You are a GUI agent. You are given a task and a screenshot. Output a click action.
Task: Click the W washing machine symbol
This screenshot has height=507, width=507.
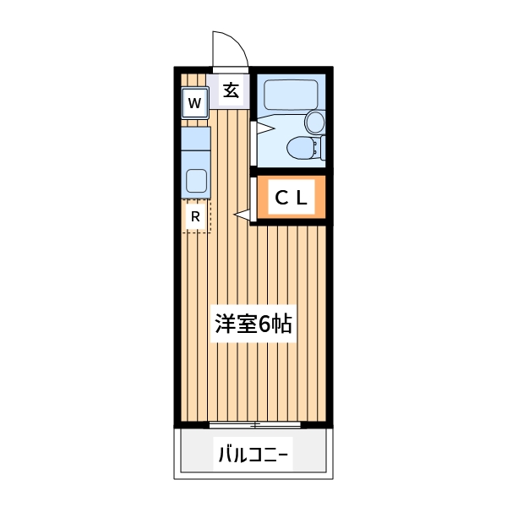click(194, 104)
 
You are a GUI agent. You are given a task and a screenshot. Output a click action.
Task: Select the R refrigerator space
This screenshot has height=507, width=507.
click(195, 216)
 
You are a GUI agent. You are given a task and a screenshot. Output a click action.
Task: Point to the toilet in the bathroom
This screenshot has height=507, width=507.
click(300, 149)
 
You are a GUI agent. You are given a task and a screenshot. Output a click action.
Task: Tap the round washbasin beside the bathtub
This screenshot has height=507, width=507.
click(314, 122)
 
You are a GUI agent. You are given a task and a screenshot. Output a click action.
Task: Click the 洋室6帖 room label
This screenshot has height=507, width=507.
click(253, 324)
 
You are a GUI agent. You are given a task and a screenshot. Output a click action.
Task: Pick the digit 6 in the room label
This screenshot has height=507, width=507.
click(264, 324)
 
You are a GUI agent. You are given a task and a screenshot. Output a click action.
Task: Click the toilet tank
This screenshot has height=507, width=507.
click(319, 149)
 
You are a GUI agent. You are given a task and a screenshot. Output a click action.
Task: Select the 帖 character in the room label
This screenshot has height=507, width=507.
click(282, 324)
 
